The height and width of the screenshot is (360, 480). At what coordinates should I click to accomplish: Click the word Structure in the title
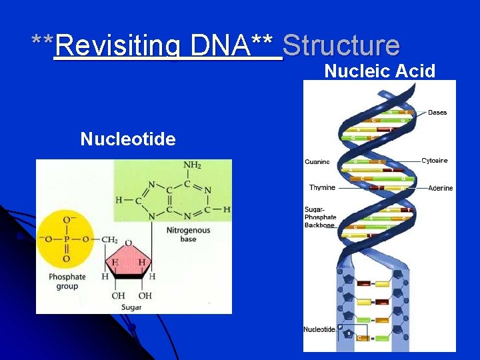point(341,45)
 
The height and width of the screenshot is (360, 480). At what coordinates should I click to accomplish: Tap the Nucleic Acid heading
point(380,71)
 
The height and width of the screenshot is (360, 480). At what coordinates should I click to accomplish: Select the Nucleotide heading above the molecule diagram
point(128,139)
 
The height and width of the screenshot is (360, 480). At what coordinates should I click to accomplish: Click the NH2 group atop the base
point(193,165)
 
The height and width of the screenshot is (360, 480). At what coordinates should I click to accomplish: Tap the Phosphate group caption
point(67,281)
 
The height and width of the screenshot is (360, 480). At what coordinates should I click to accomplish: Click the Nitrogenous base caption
point(188,235)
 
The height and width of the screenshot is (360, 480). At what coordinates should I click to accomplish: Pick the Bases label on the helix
point(437,112)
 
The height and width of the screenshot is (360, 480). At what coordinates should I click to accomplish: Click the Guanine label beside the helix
point(317,161)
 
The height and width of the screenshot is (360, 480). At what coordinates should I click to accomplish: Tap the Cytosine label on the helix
point(435,161)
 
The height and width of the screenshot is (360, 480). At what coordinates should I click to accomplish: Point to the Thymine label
point(322,188)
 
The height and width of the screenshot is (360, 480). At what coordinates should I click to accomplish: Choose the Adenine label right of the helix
point(440,188)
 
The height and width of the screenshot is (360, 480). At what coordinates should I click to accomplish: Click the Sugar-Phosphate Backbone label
point(320,217)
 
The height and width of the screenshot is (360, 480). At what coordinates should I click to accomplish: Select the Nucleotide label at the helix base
point(319,329)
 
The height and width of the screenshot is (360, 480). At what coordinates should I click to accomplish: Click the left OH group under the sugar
point(119,296)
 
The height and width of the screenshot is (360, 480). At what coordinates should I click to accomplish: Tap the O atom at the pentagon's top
point(128,243)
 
